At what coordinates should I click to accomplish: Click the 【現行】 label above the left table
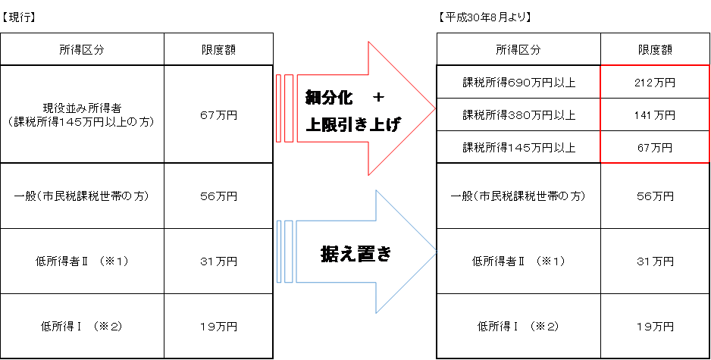point(19,17)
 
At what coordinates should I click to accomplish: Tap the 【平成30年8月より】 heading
point(484,17)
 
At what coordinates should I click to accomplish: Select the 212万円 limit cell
point(655,83)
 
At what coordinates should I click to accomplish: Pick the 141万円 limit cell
point(655,115)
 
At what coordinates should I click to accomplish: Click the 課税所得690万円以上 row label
point(518,83)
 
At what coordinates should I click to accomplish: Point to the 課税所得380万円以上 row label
point(518,115)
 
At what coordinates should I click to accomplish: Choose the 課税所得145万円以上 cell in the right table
point(518,148)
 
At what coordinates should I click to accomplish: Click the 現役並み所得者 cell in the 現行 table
point(82,114)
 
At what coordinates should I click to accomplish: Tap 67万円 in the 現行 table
point(218,115)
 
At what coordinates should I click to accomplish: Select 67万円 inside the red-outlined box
point(655,148)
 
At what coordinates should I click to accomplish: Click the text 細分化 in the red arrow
point(329,98)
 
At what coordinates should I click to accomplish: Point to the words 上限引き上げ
point(353,124)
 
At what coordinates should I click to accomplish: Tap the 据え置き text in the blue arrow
point(356,254)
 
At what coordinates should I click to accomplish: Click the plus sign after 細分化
point(377,98)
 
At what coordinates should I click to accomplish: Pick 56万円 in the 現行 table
point(218,196)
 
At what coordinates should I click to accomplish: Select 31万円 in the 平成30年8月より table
point(655,261)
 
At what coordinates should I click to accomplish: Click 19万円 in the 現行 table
point(218,327)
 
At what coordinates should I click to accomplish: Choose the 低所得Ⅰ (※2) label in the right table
point(518,327)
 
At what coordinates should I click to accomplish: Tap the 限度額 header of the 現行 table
point(218,50)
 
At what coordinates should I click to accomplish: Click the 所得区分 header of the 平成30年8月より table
point(518,50)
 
